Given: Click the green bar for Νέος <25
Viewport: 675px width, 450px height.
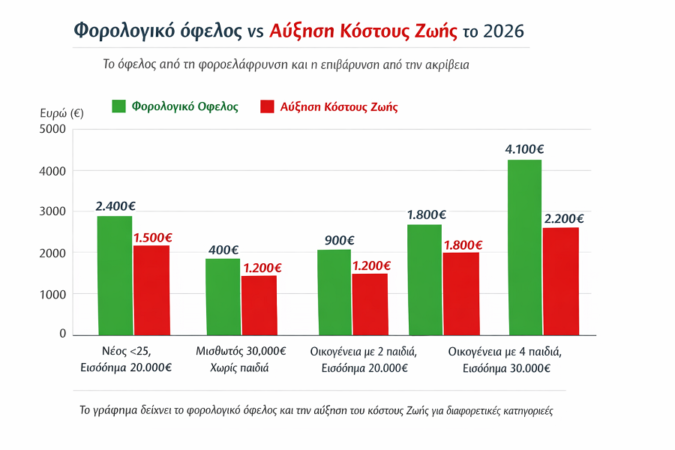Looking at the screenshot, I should click(x=115, y=275).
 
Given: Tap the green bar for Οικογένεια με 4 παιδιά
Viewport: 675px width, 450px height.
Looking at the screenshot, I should click(x=525, y=247).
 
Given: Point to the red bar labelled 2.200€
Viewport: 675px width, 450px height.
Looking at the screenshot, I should click(x=561, y=280).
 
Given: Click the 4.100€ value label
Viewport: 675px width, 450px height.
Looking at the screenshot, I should click(x=525, y=148).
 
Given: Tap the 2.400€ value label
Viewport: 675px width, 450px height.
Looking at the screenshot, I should click(x=115, y=205).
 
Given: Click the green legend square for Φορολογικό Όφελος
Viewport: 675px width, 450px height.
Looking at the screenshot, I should click(x=119, y=106).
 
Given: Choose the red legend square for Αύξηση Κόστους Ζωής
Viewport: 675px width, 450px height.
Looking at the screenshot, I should click(x=267, y=106).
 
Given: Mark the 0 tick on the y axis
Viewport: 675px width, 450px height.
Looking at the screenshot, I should click(x=63, y=334).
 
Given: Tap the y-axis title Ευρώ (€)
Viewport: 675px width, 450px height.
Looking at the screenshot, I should click(x=61, y=113).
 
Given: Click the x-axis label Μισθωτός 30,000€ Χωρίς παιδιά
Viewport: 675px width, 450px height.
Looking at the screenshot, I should click(x=241, y=359).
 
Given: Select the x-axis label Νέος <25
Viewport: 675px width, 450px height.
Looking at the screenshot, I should click(x=126, y=351).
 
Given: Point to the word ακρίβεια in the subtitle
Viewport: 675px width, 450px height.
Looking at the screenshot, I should click(x=445, y=64).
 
